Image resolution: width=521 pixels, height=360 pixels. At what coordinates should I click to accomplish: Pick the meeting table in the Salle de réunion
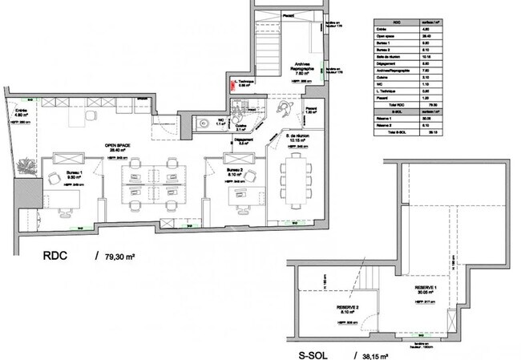(x=297, y=179)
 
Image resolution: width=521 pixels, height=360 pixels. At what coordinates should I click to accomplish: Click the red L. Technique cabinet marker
(x=232, y=81)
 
